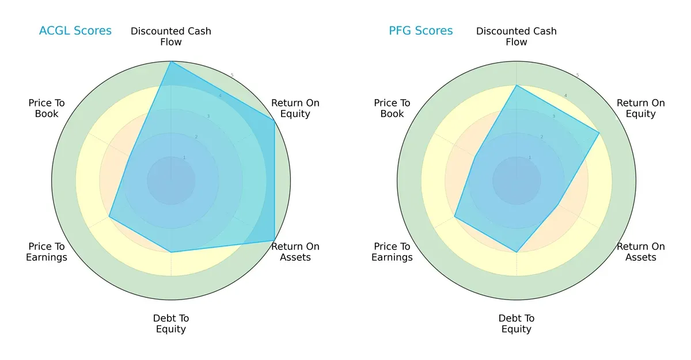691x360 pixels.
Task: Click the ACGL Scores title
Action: coord(75,31)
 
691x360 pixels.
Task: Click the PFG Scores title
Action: coord(420,31)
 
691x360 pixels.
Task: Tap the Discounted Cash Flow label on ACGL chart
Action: coord(171,36)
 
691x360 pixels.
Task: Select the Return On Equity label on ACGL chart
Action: coord(295,108)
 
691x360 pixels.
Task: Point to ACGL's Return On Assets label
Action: coord(295,252)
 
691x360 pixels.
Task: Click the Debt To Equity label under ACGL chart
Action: coord(171,324)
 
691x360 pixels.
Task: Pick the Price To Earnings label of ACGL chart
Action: coord(47,252)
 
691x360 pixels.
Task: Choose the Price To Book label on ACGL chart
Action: coord(47,108)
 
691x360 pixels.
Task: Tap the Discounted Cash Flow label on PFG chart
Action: coord(517,36)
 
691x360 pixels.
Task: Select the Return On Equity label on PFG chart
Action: coord(640,108)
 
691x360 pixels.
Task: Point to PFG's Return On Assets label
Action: coord(640,252)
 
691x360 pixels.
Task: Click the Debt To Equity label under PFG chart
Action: coord(517,324)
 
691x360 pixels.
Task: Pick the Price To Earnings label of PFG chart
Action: coord(392,252)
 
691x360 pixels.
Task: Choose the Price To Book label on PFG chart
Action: coord(392,108)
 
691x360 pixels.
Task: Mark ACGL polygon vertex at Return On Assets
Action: coord(274,241)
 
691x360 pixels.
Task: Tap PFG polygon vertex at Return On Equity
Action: coord(599,133)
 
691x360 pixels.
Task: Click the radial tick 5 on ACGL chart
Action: coord(232,75)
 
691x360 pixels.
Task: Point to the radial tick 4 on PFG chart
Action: coord(565,96)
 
